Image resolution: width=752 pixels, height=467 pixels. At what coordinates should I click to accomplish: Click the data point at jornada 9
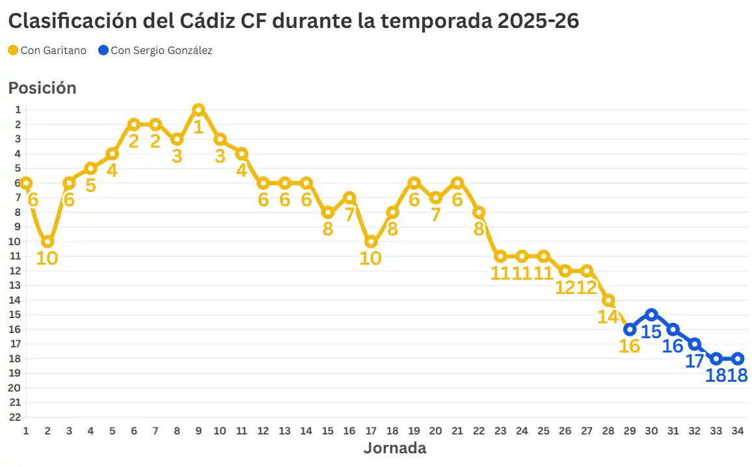[198, 109]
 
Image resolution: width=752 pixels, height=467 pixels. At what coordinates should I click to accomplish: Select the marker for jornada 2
[47, 241]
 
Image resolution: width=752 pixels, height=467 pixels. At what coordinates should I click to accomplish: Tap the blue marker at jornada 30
[651, 315]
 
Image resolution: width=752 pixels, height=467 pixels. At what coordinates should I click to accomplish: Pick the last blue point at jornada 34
[738, 358]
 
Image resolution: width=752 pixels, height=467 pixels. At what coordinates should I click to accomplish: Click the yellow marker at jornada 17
[371, 241]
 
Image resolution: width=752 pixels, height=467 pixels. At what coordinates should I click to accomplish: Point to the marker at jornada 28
[608, 300]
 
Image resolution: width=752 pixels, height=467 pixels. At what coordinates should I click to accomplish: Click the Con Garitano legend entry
[47, 50]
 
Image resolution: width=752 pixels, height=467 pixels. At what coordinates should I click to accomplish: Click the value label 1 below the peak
[198, 126]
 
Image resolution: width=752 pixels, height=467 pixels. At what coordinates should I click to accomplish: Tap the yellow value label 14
[608, 317]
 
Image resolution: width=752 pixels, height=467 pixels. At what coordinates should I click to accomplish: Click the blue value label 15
[651, 332]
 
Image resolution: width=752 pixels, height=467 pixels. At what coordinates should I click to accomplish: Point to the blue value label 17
[695, 361]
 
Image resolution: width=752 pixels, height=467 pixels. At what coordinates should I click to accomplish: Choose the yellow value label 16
[629, 346]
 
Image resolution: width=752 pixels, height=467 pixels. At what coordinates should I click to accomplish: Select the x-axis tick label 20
[436, 431]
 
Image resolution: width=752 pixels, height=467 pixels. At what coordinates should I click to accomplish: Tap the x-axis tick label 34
[738, 431]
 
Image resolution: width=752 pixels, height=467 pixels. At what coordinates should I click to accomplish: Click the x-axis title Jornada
[394, 448]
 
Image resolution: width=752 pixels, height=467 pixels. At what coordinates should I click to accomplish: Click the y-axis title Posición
[42, 88]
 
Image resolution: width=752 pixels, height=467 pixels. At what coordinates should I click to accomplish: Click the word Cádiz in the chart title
[199, 21]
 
